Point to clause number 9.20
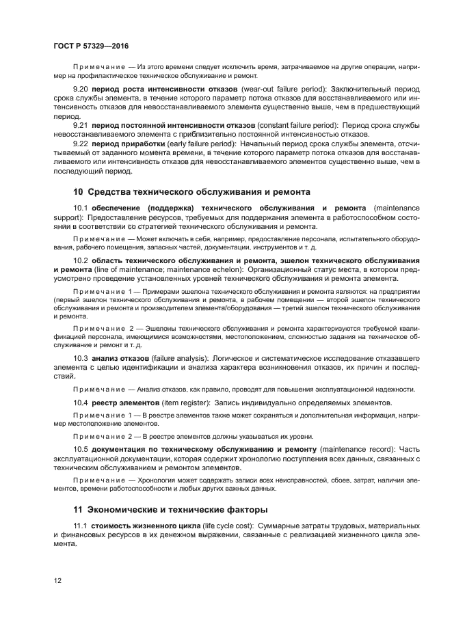(x=81, y=90)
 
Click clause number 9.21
(x=81, y=126)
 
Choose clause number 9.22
(x=81, y=144)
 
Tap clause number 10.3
(x=81, y=357)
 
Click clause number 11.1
(x=81, y=525)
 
